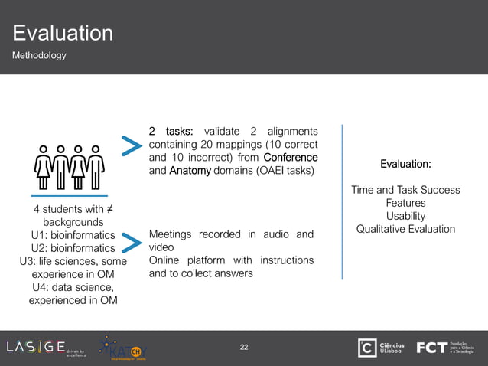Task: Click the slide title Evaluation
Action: (x=63, y=33)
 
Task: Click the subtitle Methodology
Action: (x=38, y=56)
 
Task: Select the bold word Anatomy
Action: (x=190, y=171)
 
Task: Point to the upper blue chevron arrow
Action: (x=132, y=148)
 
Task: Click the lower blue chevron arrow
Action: (x=132, y=244)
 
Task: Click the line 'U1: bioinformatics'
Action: (x=73, y=235)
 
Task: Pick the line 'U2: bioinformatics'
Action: (x=73, y=248)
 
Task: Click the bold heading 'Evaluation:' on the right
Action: (x=405, y=164)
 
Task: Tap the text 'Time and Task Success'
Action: (x=405, y=190)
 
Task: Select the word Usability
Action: (x=405, y=216)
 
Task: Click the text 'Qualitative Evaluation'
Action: (x=405, y=229)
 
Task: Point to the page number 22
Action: (x=244, y=348)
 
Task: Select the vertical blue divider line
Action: (x=342, y=202)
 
